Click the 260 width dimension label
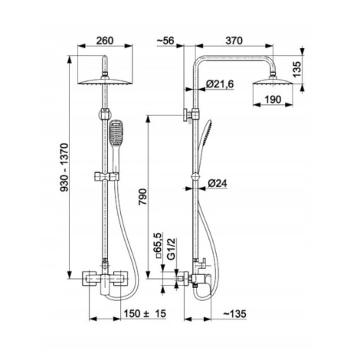[105, 41]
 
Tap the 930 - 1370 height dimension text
[64, 168]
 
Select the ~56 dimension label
[165, 41]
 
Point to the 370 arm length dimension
[234, 41]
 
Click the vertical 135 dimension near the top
[296, 69]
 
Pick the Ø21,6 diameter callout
[220, 84]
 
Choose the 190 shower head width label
[273, 100]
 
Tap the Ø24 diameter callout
[217, 183]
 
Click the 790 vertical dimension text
[142, 197]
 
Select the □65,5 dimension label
[158, 246]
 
